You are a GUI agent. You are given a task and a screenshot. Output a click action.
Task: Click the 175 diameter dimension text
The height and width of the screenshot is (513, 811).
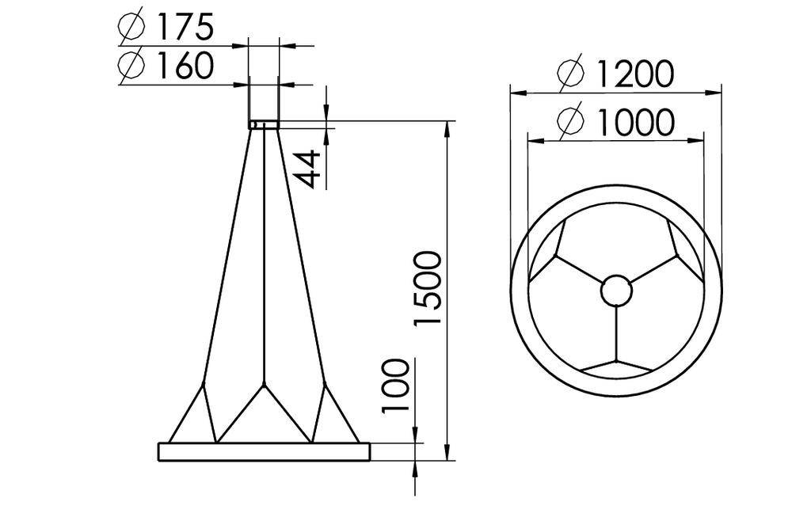tap(184, 28)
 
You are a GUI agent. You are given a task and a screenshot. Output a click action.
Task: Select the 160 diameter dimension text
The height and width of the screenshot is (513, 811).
tap(184, 66)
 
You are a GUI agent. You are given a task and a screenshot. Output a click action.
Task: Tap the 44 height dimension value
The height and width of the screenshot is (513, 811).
tap(310, 168)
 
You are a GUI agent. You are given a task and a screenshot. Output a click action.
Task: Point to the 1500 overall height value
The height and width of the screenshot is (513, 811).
tap(427, 288)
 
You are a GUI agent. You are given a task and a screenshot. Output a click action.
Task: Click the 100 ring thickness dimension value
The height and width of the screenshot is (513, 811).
tap(396, 386)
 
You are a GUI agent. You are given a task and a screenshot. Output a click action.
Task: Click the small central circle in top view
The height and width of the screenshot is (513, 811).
tap(617, 291)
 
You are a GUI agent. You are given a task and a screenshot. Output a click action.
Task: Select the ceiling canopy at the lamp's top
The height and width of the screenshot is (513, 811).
tap(263, 123)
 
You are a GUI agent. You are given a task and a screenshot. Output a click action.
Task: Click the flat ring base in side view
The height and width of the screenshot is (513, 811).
tap(264, 451)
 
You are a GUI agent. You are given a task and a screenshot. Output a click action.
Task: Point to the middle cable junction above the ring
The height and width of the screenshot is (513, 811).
tap(264, 386)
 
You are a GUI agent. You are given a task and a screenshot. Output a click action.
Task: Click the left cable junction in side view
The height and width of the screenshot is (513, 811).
tap(204, 387)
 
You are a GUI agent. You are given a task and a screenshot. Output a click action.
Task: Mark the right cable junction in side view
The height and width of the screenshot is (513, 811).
tap(323, 387)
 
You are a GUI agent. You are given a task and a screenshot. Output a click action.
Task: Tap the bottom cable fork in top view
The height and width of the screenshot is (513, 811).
tap(617, 357)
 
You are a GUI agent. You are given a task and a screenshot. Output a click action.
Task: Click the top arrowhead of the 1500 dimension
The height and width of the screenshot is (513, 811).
tap(448, 127)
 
